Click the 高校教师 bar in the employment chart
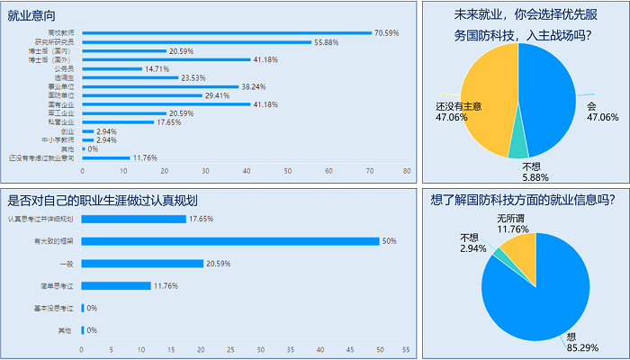225,33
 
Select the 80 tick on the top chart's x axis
407,170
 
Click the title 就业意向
26,15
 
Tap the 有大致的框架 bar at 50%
230,241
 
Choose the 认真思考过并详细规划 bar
134,219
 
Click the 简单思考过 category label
59,286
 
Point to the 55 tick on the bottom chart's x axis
407,349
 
